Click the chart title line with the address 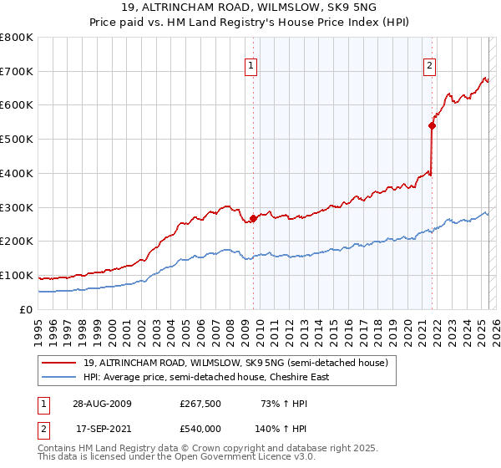250,8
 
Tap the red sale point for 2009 253,218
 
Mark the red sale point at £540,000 432,125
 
